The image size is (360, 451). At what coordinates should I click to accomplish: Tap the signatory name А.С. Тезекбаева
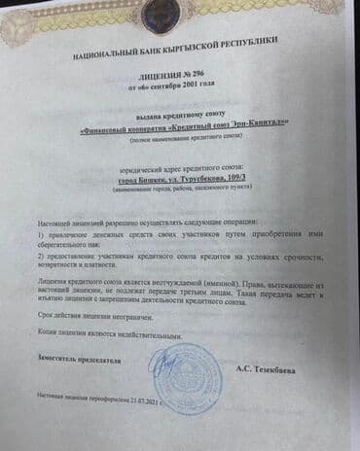[267, 369]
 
